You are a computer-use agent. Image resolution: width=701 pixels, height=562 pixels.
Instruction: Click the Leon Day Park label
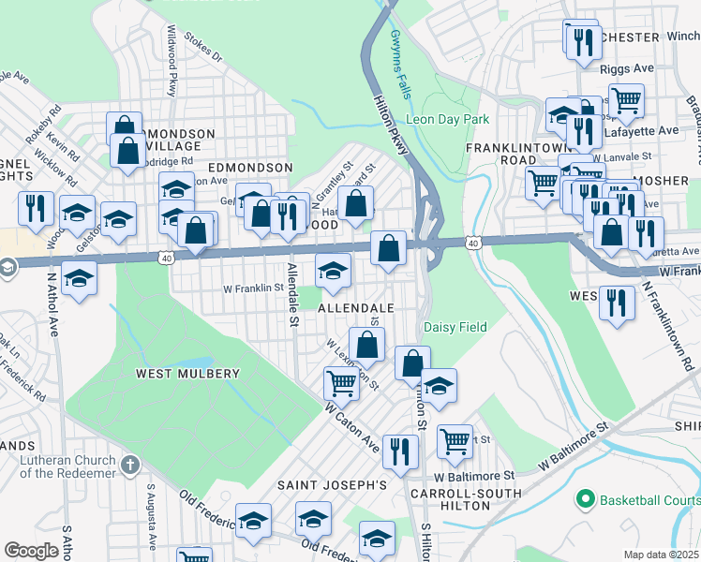point(448,120)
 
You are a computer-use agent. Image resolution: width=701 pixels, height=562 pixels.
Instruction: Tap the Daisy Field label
point(455,327)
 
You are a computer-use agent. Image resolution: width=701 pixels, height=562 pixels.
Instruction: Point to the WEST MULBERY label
point(187,373)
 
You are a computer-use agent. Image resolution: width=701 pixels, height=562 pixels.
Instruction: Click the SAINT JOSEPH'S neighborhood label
point(331,485)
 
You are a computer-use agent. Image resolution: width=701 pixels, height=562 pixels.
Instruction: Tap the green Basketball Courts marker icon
point(587,498)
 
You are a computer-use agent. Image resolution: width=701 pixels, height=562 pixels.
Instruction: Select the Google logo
point(31,551)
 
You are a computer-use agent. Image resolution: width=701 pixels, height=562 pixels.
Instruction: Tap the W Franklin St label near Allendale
point(252,288)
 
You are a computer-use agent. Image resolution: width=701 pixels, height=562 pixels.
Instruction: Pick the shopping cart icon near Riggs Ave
point(625,98)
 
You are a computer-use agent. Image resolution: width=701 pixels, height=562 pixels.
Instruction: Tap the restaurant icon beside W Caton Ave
point(400,451)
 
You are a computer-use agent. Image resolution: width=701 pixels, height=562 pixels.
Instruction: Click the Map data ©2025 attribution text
point(661,555)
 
